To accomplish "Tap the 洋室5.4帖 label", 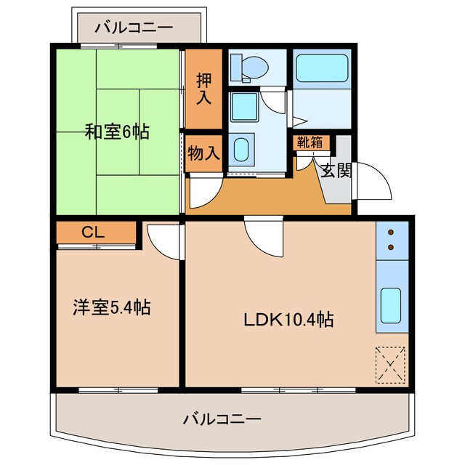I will click(111, 307).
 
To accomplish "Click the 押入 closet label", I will click(203, 86).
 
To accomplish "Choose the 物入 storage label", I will click(203, 153).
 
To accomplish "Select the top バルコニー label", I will click(134, 28).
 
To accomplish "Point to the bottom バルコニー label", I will click(222, 419).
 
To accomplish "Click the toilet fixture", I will click(250, 68).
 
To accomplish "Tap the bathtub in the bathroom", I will click(323, 70).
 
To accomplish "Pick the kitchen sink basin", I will click(392, 305).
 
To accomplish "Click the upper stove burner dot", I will click(392, 233).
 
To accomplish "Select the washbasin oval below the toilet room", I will click(243, 149).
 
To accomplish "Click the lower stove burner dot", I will click(392, 247).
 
